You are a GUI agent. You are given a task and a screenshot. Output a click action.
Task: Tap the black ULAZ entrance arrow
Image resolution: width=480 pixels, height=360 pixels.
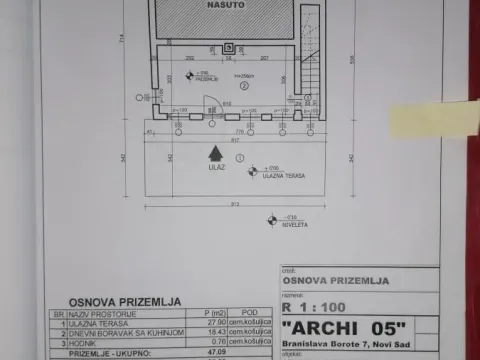click(x=213, y=152)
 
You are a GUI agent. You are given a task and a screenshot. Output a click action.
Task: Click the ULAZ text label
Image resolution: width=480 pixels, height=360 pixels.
click(x=213, y=168)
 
